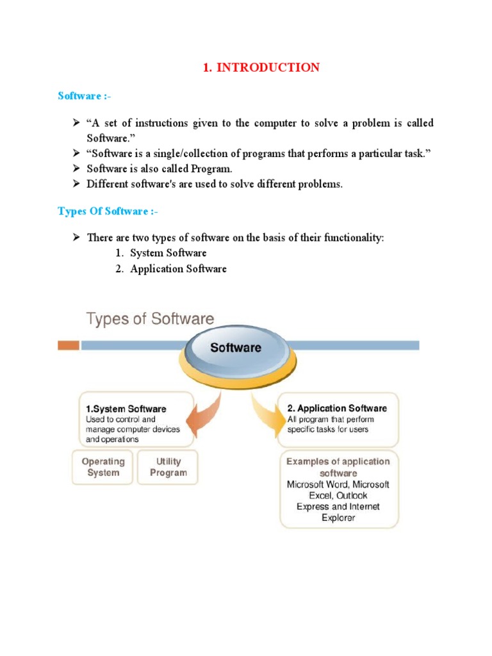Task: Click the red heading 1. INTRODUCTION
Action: click(x=261, y=68)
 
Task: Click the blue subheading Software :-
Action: click(x=80, y=96)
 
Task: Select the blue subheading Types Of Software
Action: click(x=103, y=211)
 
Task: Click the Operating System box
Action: click(x=103, y=467)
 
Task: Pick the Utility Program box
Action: click(x=168, y=467)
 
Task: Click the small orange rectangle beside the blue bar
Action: click(x=69, y=345)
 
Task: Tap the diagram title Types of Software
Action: click(x=151, y=319)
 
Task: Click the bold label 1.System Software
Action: click(x=126, y=409)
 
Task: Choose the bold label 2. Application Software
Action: click(x=336, y=408)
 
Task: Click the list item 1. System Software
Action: click(x=161, y=253)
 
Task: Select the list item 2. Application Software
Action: click(x=171, y=269)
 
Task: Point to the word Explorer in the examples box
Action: click(x=338, y=518)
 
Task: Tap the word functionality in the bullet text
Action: click(x=354, y=238)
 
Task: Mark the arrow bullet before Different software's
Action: click(x=74, y=184)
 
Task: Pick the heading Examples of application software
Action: click(x=338, y=467)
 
